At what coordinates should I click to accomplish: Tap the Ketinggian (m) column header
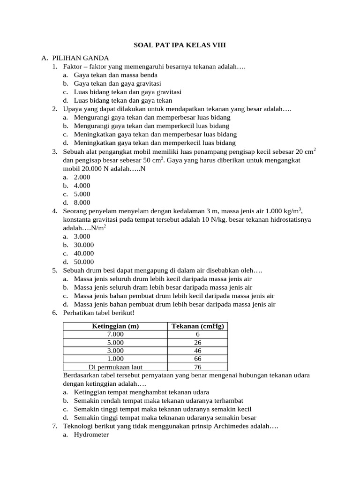115,326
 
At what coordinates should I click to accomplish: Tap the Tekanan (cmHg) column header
197,326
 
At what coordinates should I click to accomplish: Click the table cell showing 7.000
115,334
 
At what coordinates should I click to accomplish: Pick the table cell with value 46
197,351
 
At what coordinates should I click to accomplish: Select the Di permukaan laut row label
115,367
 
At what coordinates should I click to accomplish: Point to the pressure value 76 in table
197,367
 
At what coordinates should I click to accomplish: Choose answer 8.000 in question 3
82,202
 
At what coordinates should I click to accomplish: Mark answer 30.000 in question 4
84,245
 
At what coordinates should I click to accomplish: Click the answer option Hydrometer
91,435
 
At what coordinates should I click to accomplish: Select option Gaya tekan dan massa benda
116,75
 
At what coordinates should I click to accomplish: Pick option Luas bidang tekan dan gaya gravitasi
127,92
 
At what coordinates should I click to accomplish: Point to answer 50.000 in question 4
84,262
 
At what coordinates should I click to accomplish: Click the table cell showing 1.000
115,359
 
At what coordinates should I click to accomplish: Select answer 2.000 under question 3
82,177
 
